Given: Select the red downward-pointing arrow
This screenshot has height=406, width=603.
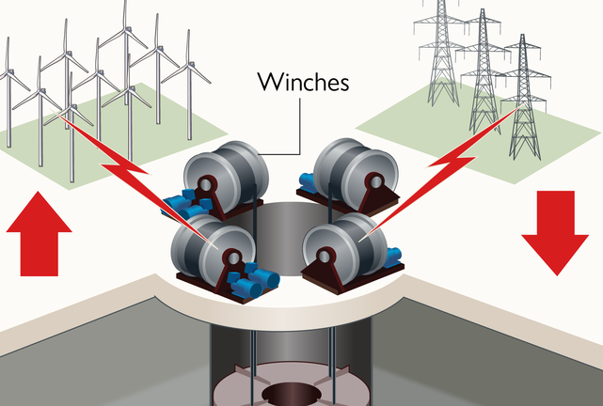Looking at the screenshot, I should [554, 230].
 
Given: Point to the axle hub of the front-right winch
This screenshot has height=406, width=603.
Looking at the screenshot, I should [325, 255].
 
